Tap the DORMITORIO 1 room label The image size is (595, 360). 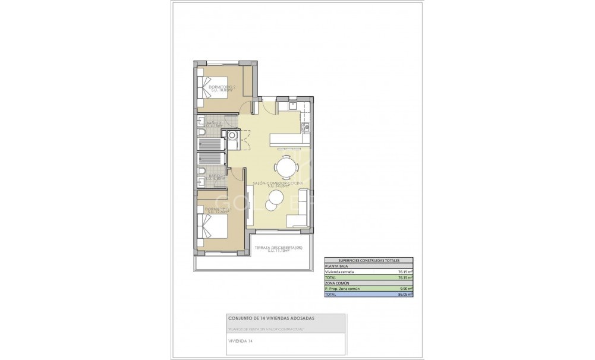tap(218, 210)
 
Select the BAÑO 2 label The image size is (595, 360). tap(214, 124)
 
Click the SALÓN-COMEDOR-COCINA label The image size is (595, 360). tap(278, 184)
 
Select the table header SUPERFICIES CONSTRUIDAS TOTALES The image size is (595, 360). tap(369, 261)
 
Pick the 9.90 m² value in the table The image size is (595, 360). tap(407, 288)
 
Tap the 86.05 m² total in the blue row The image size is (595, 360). tap(406, 293)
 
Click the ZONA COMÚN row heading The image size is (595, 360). tap(337, 283)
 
